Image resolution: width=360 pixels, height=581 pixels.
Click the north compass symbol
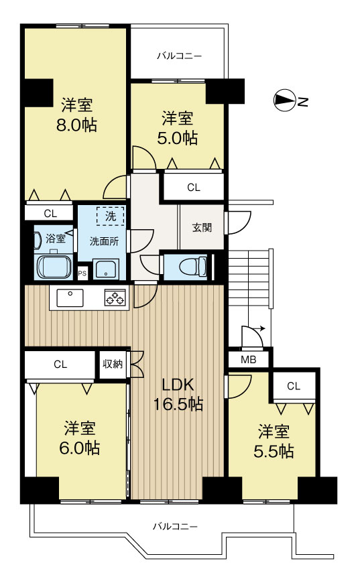[284, 101]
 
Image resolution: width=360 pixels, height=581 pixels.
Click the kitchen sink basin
[70, 298]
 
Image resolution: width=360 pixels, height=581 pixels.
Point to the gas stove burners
[115, 298]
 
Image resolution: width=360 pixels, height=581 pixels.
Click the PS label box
[82, 274]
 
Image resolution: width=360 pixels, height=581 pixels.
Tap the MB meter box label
[249, 359]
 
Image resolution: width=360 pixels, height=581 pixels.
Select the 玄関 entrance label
[202, 227]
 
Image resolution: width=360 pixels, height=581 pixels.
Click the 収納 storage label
[113, 364]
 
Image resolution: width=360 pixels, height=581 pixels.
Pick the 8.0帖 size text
[76, 125]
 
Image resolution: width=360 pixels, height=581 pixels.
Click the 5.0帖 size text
[177, 138]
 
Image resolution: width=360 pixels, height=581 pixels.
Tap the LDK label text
[178, 385]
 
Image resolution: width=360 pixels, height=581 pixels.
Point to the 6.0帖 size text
[79, 448]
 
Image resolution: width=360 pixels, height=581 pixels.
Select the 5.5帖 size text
[274, 451]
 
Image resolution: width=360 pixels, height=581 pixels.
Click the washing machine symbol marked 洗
[110, 216]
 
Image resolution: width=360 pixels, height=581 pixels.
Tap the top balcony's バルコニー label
[180, 56]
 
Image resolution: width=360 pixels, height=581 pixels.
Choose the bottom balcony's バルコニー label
[176, 526]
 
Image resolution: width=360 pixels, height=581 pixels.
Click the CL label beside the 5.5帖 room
[294, 386]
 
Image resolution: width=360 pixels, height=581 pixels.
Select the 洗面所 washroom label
[104, 241]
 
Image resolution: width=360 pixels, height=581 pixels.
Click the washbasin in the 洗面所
[106, 268]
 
